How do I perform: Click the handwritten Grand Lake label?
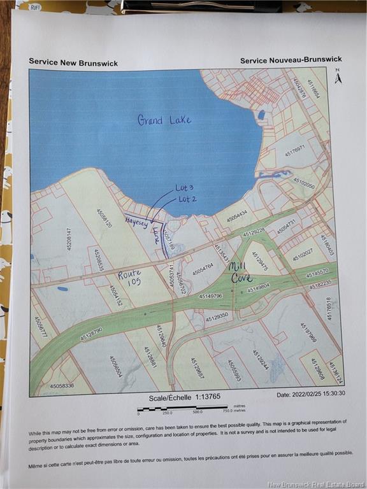(x=164, y=119)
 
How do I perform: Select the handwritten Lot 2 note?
(x=187, y=199)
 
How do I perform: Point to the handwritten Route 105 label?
(x=129, y=278)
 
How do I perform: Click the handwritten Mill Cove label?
(x=241, y=273)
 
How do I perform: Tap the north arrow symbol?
(x=338, y=76)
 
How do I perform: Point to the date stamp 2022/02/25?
(x=311, y=393)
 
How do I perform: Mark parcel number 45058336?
(x=62, y=385)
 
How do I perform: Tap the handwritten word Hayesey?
(x=136, y=221)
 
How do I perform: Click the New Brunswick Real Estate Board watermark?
(x=315, y=483)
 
